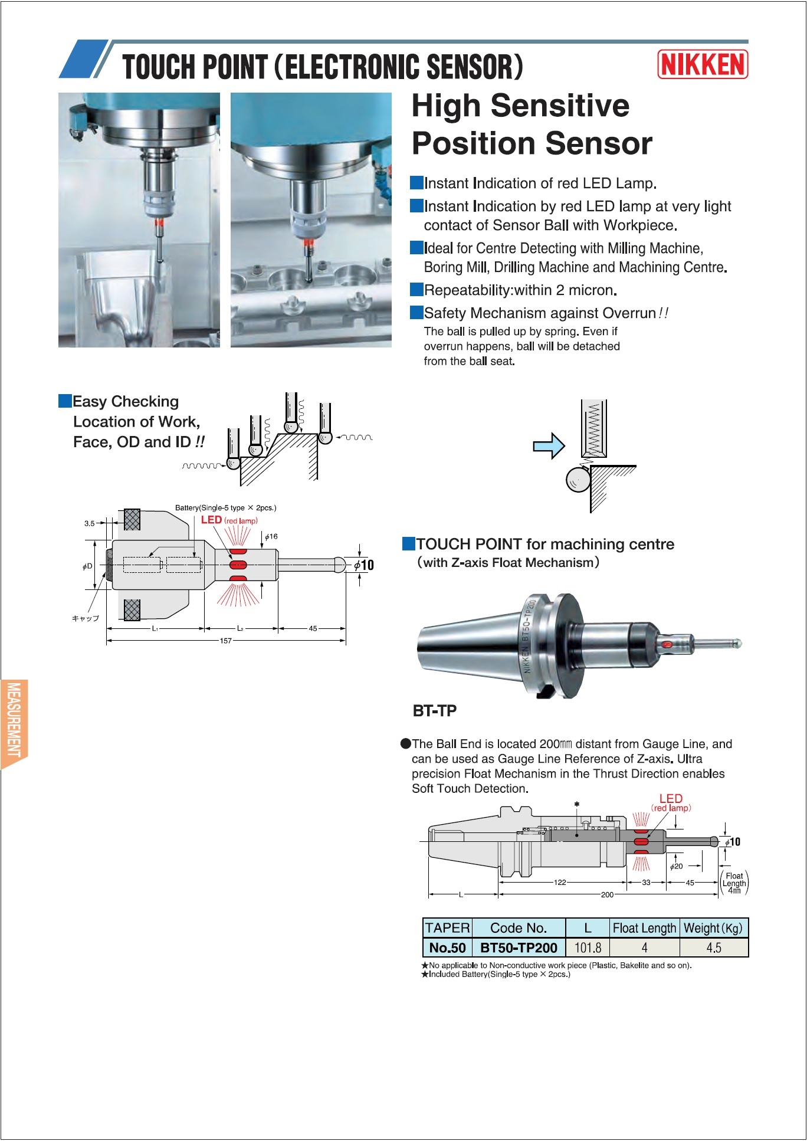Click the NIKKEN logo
click(x=703, y=64)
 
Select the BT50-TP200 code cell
click(x=519, y=947)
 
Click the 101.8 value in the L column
click(x=588, y=947)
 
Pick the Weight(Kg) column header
click(x=713, y=928)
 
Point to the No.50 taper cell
click(x=447, y=947)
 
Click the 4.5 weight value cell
click(x=714, y=947)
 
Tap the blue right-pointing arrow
click(x=549, y=446)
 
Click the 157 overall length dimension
click(x=226, y=641)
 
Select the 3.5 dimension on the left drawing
click(x=90, y=523)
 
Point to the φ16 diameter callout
click(x=271, y=537)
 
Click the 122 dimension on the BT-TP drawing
click(x=560, y=883)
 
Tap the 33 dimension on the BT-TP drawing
click(x=647, y=883)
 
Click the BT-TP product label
click(x=435, y=711)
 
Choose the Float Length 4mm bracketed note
click(x=734, y=883)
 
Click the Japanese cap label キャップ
click(x=86, y=618)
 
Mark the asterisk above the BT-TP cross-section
click(x=577, y=804)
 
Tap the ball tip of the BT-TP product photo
click(x=737, y=644)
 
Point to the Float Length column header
click(x=644, y=928)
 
